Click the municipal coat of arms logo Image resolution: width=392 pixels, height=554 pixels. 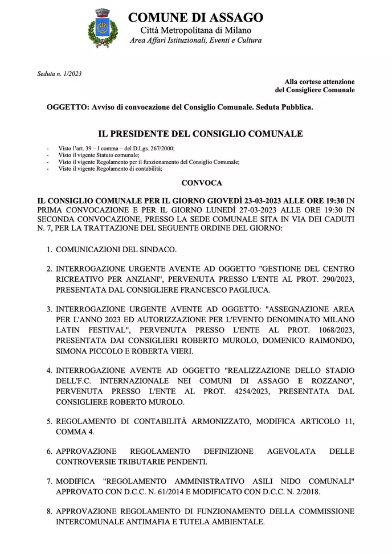click(x=103, y=28)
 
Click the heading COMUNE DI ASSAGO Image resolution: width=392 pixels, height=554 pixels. click(x=195, y=17)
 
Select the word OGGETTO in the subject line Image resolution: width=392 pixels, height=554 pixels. click(x=66, y=108)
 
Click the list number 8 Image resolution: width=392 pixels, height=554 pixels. click(x=49, y=511)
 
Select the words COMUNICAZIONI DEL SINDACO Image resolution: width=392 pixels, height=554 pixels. click(x=116, y=249)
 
